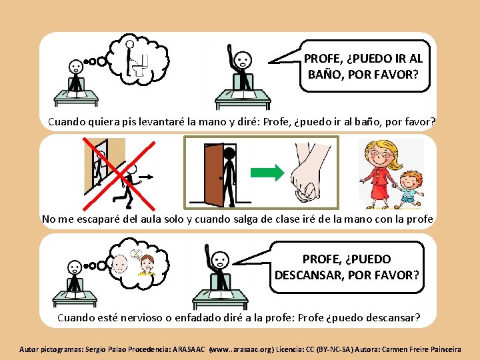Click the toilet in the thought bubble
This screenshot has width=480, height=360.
tap(141, 66)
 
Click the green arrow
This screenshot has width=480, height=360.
tap(267, 173)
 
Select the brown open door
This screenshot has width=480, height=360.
tap(214, 175)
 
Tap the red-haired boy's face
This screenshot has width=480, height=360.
tap(410, 183)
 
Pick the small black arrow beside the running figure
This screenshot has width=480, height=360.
tap(146, 177)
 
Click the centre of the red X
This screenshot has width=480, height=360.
tap(119, 175)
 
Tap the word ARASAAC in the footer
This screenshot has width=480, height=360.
tap(189, 349)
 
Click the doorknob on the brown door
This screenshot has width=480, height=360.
tap(221, 178)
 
